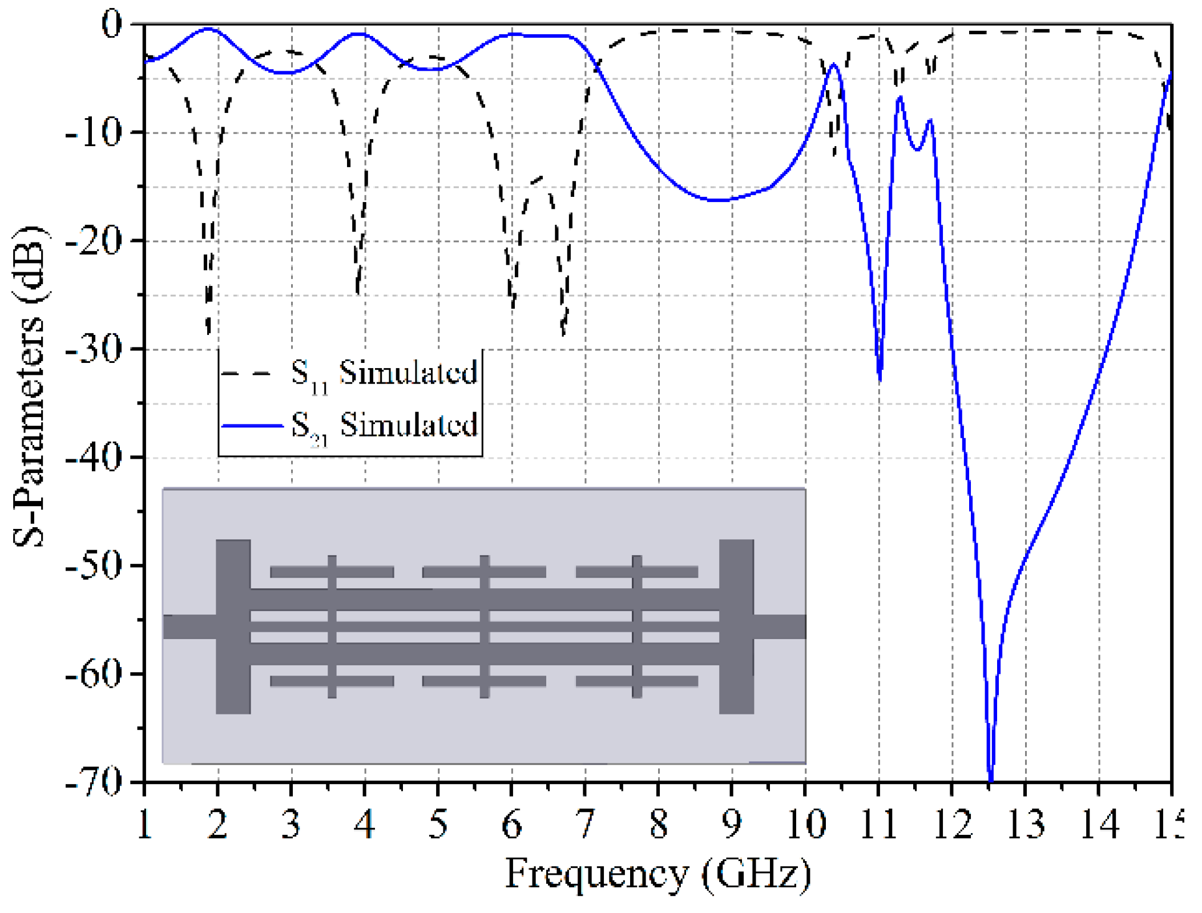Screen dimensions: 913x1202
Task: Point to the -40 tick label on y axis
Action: point(93,458)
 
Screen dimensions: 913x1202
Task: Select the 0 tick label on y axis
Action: point(111,25)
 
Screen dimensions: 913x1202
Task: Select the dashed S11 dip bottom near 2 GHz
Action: point(208,331)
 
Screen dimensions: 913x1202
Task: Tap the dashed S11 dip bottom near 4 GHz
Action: point(358,292)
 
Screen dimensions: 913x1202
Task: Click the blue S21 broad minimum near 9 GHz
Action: point(719,200)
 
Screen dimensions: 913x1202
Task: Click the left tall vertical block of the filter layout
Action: point(233,626)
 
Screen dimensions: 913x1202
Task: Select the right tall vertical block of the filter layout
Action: point(736,626)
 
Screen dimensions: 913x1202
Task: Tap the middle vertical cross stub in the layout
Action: point(485,626)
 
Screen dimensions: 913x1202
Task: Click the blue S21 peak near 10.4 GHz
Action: point(834,65)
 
